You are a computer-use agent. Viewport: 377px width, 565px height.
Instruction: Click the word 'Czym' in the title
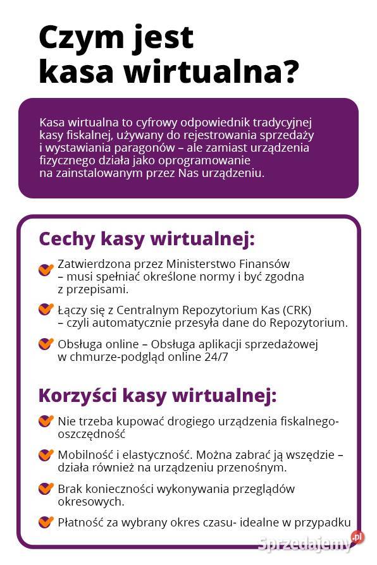(x=70, y=38)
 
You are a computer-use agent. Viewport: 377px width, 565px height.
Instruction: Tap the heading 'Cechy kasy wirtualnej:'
(x=147, y=239)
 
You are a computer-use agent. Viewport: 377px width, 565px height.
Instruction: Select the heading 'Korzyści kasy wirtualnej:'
(x=158, y=396)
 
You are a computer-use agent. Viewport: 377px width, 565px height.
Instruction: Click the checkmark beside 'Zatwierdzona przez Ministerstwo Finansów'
(x=46, y=270)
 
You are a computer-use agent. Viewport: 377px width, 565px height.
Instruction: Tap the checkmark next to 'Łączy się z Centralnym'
(x=46, y=310)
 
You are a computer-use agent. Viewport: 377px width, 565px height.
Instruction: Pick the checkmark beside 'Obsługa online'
(x=46, y=344)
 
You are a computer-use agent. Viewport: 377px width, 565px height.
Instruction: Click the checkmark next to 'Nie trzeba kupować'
(x=46, y=421)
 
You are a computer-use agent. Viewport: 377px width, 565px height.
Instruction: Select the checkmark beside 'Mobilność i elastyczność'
(x=46, y=455)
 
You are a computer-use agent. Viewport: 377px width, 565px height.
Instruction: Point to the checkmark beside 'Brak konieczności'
(x=46, y=489)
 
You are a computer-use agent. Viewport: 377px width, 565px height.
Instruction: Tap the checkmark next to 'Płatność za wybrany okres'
(x=46, y=522)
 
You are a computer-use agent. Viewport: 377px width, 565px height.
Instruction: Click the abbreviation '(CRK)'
(x=295, y=310)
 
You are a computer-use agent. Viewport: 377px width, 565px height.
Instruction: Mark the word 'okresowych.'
(x=90, y=502)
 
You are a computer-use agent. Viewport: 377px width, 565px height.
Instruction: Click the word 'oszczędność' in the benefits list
(x=91, y=434)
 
